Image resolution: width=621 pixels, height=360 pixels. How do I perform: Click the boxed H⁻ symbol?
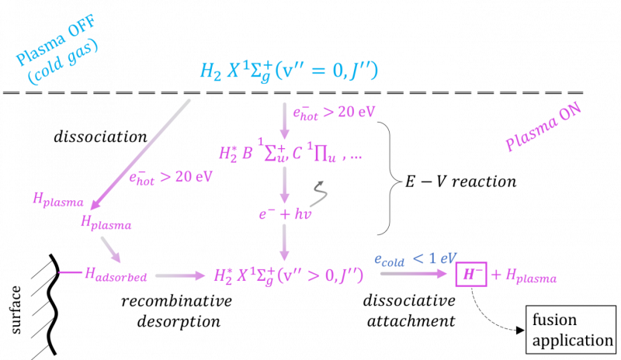point(471,274)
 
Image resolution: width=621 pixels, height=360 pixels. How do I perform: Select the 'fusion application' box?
point(571,330)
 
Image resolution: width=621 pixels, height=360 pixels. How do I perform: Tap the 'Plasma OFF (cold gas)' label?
point(57,49)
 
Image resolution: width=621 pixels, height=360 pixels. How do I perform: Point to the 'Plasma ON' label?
point(543,126)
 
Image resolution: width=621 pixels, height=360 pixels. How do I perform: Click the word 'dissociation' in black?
point(100,137)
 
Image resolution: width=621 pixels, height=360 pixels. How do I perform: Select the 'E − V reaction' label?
point(460,182)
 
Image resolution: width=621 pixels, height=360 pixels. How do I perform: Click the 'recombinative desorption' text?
point(177,311)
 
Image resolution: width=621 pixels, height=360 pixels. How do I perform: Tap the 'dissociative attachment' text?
point(410,311)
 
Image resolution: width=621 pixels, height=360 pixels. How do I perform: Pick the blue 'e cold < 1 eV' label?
point(415,259)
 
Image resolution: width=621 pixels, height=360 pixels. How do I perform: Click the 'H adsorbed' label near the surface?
point(116,275)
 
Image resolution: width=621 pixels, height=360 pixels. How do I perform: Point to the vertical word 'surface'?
point(16,310)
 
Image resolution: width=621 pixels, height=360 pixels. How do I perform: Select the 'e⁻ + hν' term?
point(285,214)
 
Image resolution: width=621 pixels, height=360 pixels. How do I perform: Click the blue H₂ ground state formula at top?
point(289,71)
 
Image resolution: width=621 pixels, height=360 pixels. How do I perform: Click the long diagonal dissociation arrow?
point(140,155)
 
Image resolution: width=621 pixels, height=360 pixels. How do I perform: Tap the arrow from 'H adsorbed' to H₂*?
point(180,275)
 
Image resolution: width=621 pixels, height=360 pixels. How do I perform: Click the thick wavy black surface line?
point(53,305)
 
